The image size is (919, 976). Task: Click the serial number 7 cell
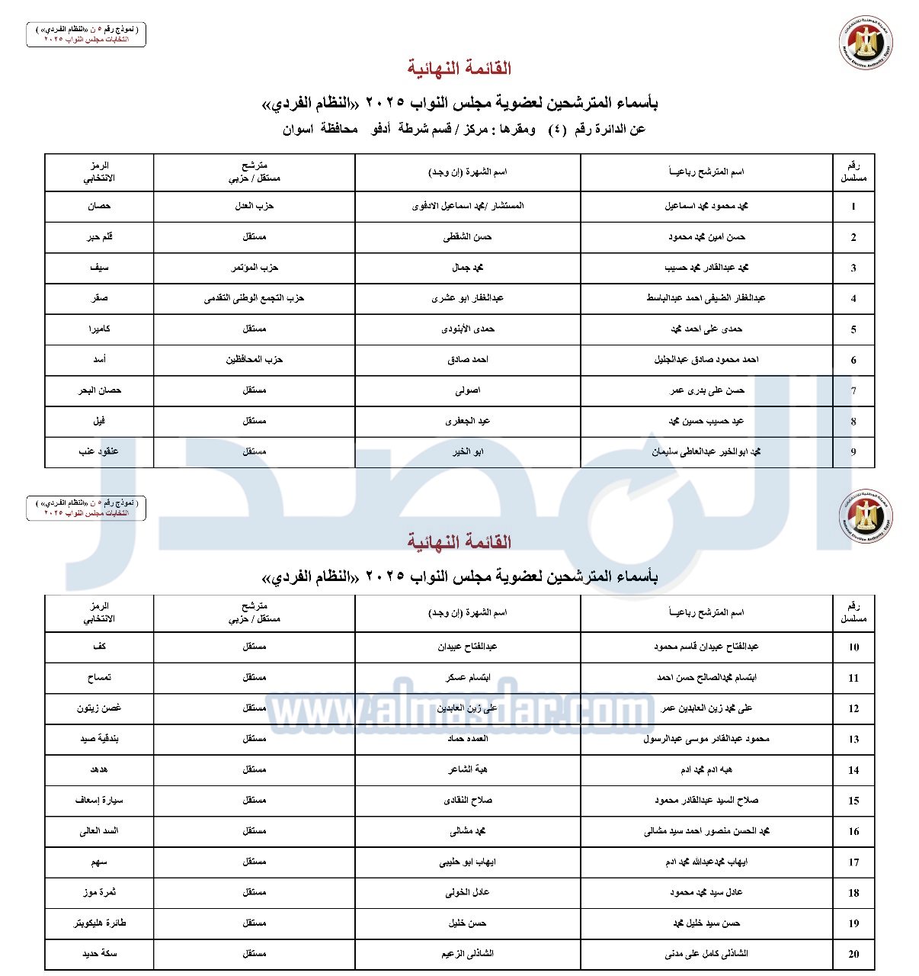pyautogui.click(x=853, y=390)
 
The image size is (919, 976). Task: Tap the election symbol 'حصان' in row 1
pyautogui.click(x=99, y=206)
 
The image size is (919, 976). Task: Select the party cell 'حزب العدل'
pyautogui.click(x=254, y=206)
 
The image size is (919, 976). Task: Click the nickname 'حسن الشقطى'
pyautogui.click(x=467, y=237)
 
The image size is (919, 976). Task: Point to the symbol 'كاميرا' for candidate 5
pyautogui.click(x=99, y=329)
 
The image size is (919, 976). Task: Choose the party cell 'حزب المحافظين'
pyautogui.click(x=254, y=359)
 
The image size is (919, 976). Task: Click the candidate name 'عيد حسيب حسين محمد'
pyautogui.click(x=706, y=421)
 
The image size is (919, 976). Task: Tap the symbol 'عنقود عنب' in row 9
pyautogui.click(x=99, y=451)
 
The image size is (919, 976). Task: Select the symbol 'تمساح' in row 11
pyautogui.click(x=99, y=677)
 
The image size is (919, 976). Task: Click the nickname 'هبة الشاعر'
pyautogui.click(x=467, y=769)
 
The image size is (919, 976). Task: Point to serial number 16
pyautogui.click(x=853, y=831)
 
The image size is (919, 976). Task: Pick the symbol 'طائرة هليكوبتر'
pyautogui.click(x=99, y=923)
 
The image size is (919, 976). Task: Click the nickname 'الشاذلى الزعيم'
pyautogui.click(x=467, y=953)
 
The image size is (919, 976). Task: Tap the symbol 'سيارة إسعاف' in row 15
pyautogui.click(x=99, y=800)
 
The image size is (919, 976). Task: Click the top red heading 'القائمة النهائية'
pyautogui.click(x=459, y=69)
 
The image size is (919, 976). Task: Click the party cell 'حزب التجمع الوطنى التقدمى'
pyautogui.click(x=254, y=298)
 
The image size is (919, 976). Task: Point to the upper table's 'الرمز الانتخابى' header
pyautogui.click(x=99, y=172)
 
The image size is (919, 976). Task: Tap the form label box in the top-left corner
pyautogui.click(x=86, y=34)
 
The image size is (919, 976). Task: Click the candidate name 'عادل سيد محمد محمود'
pyautogui.click(x=706, y=892)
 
